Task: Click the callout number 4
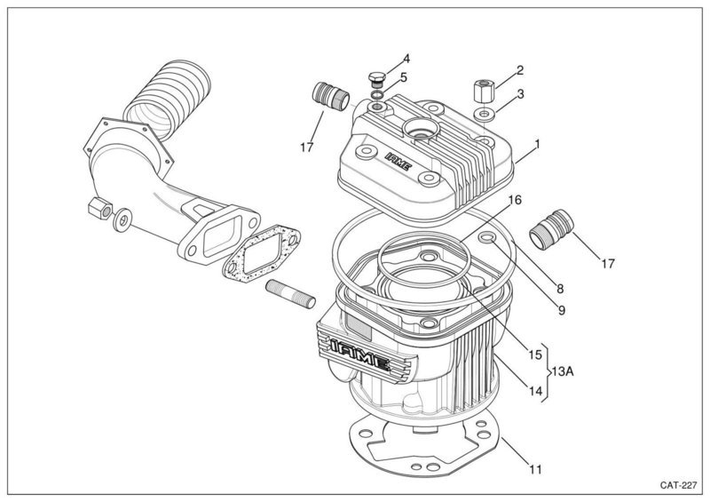[406, 59]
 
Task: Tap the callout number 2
[520, 70]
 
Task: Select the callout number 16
[515, 200]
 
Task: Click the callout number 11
[535, 469]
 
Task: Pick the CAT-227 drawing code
[678, 485]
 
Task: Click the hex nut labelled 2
[484, 92]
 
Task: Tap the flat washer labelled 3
[484, 114]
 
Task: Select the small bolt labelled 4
[376, 79]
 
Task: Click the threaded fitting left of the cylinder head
[330, 95]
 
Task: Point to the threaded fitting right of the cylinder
[551, 229]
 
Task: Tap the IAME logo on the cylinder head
[398, 162]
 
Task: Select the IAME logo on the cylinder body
[360, 353]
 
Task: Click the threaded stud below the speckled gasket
[291, 294]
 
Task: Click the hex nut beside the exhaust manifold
[99, 208]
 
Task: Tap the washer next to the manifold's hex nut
[122, 220]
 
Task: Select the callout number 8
[560, 289]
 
